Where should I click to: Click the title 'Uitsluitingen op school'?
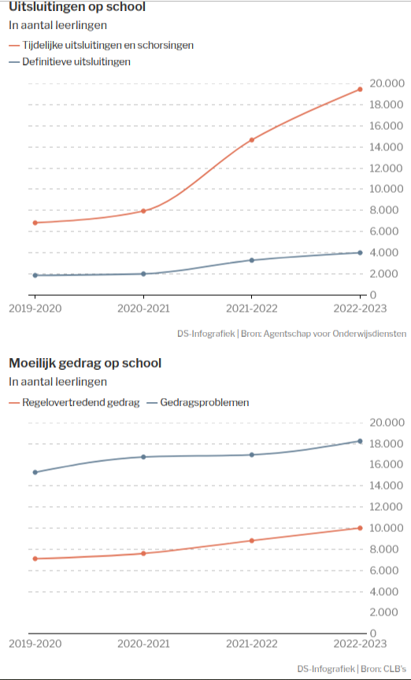pos(77,7)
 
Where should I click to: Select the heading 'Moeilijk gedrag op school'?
pos(85,363)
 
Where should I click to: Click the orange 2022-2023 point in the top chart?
pos(360,90)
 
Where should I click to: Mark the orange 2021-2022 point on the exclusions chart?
pos(252,139)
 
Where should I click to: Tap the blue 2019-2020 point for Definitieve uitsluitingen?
pos(35,275)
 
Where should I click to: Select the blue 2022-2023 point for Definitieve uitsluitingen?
pos(360,253)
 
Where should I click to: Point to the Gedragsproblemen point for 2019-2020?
pos(35,472)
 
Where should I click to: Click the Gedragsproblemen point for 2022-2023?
pos(360,441)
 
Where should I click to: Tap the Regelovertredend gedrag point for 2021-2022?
pos(252,541)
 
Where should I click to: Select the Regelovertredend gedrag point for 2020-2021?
pos(143,553)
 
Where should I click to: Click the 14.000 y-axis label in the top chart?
pos(386,147)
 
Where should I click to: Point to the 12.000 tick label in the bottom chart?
pos(386,507)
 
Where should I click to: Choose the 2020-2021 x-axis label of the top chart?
pos(143,309)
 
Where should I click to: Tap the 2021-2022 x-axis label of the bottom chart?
pos(252,644)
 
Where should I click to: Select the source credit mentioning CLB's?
pos(352,668)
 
